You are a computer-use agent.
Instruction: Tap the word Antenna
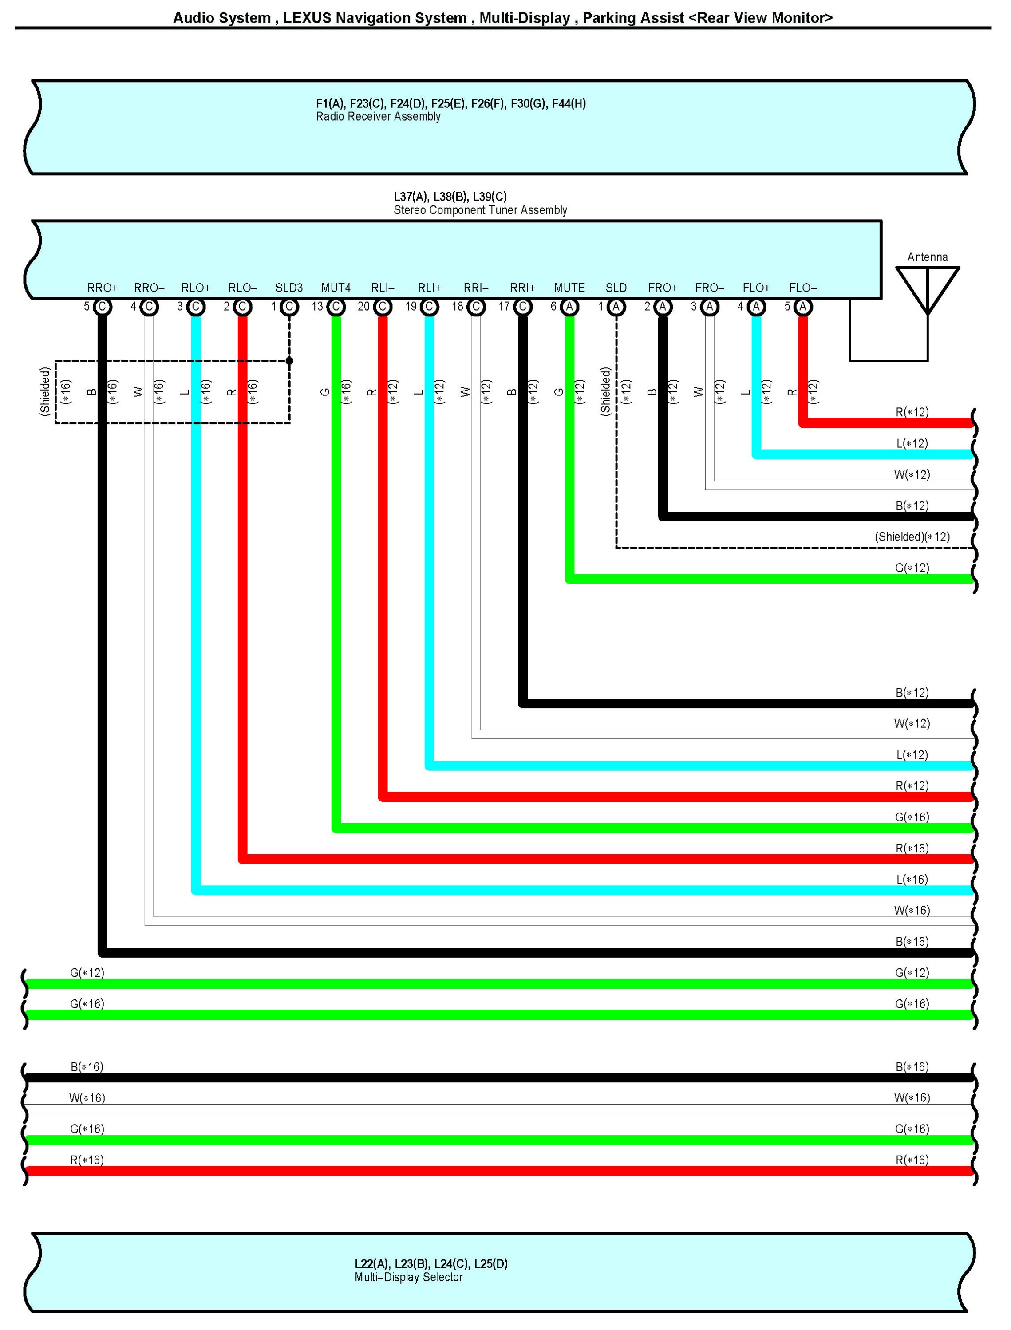pyautogui.click(x=928, y=257)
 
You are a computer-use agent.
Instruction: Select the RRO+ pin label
pyautogui.click(x=103, y=288)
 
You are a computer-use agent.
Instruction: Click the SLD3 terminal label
pyautogui.click(x=289, y=288)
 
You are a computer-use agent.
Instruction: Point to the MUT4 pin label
pyautogui.click(x=336, y=288)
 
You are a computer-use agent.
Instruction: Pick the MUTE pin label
pyautogui.click(x=569, y=288)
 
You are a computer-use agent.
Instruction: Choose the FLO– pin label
pyautogui.click(x=803, y=288)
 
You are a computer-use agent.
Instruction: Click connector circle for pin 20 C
pyautogui.click(x=383, y=307)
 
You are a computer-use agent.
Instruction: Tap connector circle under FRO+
pyautogui.click(x=663, y=307)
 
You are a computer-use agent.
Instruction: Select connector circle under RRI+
pyautogui.click(x=523, y=307)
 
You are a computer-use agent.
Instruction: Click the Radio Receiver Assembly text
pyautogui.click(x=378, y=117)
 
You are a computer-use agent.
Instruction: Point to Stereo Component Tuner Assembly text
pyautogui.click(x=480, y=210)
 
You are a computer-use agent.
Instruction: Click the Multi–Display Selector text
pyautogui.click(x=409, y=1277)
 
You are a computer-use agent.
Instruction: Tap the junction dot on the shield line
pyautogui.click(x=289, y=361)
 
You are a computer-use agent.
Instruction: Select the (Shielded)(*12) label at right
pyautogui.click(x=912, y=537)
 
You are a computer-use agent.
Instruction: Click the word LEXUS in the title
pyautogui.click(x=307, y=18)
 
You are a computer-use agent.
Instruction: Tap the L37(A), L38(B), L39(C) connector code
pyautogui.click(x=450, y=197)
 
